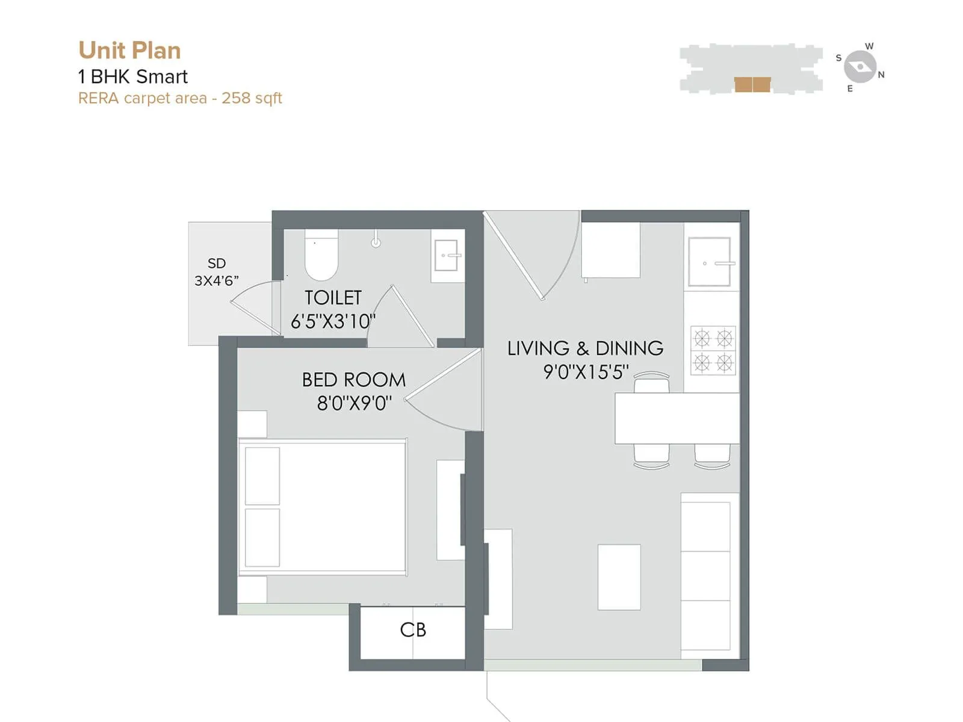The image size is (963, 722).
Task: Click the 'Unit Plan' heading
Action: pos(129,51)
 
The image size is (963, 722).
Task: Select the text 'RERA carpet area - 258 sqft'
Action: pos(180,98)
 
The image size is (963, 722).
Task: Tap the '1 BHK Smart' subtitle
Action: pos(133,76)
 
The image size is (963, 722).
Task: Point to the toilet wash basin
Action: pos(447,256)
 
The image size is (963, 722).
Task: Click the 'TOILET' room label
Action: pos(333,298)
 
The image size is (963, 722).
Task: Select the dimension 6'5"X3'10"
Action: pos(333,321)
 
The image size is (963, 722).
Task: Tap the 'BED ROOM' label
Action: pos(354,380)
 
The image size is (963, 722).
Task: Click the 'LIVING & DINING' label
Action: pos(585,348)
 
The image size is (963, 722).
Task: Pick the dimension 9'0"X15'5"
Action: pos(586,372)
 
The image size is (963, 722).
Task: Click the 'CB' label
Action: pos(413,630)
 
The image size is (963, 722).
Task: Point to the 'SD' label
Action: pos(217,264)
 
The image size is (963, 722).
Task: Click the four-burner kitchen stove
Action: pos(713,351)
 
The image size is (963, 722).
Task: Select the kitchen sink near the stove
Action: pos(710,262)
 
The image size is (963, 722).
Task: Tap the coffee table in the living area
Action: pos(619,577)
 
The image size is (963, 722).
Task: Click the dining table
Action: pos(677,419)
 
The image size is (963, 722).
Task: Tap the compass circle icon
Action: pos(859,67)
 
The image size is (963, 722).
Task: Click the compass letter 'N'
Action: pos(881,75)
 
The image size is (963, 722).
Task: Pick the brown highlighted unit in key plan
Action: pos(752,84)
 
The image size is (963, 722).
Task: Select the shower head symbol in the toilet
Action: pos(376,242)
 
